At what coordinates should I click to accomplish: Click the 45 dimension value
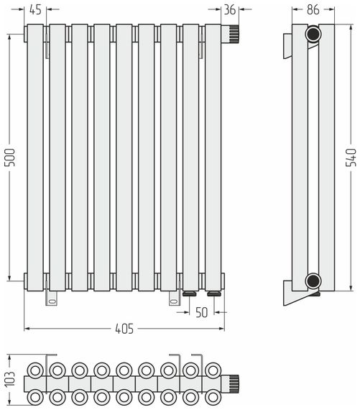pyautogui.click(x=35, y=9)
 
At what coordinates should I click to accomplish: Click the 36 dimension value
pyautogui.click(x=230, y=9)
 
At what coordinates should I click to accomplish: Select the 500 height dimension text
pyautogui.click(x=10, y=157)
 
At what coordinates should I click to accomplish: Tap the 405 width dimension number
pyautogui.click(x=124, y=329)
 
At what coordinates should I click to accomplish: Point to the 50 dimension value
pyautogui.click(x=202, y=312)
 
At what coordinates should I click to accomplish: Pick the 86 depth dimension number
pyautogui.click(x=313, y=9)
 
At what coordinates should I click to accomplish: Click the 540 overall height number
pyautogui.click(x=351, y=157)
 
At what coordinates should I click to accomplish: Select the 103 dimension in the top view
pyautogui.click(x=10, y=379)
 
